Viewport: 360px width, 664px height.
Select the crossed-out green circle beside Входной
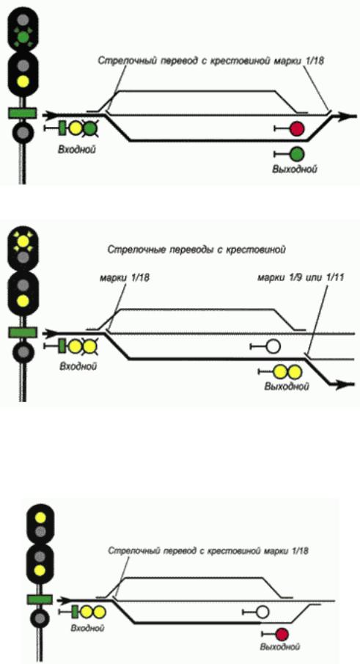pos(89,128)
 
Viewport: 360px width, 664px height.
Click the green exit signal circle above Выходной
pos(297,153)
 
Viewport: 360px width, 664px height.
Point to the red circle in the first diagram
pos(297,128)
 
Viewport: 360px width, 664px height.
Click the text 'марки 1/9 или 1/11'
pos(300,278)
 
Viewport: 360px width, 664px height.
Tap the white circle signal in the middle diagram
pos(273,347)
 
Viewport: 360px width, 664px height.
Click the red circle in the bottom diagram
pos(282,634)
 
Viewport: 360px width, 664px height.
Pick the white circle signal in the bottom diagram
pos(262,612)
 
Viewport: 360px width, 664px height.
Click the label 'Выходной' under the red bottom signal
pos(281,647)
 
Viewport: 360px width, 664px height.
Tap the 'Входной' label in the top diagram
pos(76,150)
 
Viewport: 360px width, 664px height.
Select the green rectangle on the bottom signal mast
pos(40,599)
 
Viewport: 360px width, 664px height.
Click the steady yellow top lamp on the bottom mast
pos(40,517)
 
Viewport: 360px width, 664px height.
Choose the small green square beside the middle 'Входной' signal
pos(62,346)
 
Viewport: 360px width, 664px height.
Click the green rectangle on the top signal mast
pos(23,113)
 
